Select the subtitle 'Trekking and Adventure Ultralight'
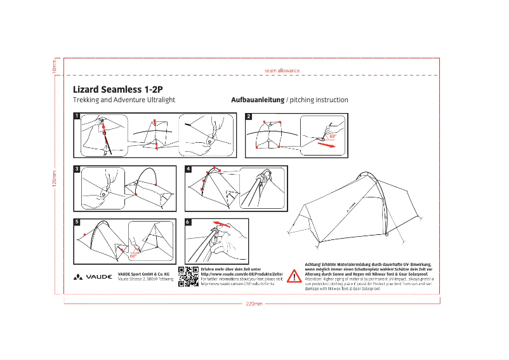(x=124, y=100)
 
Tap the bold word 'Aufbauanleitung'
(x=256, y=100)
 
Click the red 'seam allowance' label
(x=282, y=70)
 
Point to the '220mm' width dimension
(x=254, y=303)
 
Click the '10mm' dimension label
(x=55, y=65)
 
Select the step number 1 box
(x=77, y=116)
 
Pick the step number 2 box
(x=249, y=116)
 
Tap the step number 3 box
(x=77, y=169)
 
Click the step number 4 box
(x=188, y=169)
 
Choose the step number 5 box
(x=77, y=222)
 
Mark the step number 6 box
(x=188, y=222)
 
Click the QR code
(x=188, y=277)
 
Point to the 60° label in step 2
(x=333, y=136)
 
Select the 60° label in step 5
(x=133, y=256)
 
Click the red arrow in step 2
(x=325, y=144)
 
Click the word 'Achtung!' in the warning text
(x=315, y=263)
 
